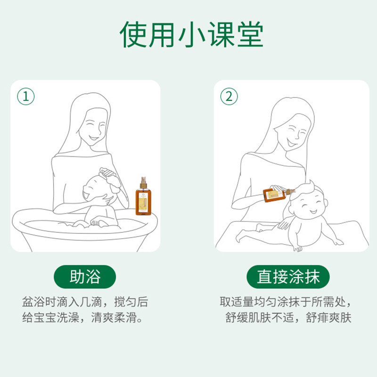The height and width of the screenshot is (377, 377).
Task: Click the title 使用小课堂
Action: coord(191,34)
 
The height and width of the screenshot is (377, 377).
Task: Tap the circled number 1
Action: coord(26,97)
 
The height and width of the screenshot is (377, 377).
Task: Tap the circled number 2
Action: coord(229,97)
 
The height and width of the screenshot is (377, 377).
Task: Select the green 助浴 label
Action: coord(85,277)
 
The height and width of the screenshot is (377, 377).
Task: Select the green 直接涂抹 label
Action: coord(288,277)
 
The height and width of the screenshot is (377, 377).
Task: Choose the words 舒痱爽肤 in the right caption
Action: coord(328,318)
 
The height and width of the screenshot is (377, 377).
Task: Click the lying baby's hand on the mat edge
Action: coord(298,249)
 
